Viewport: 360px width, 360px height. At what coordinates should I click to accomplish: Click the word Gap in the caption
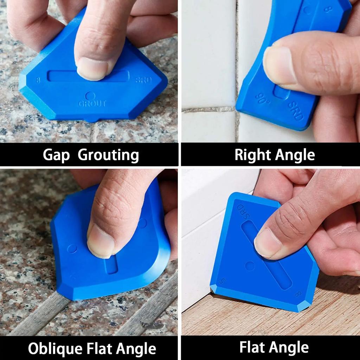56,155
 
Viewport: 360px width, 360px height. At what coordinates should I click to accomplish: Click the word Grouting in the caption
108,155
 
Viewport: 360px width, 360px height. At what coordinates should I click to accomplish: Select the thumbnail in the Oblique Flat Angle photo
100,239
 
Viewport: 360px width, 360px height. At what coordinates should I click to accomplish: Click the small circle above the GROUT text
90,95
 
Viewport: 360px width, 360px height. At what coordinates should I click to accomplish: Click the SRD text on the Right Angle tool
296,111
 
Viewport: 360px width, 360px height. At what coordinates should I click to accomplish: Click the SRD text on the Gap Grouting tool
143,80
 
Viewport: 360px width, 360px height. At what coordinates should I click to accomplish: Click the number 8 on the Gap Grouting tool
38,80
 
